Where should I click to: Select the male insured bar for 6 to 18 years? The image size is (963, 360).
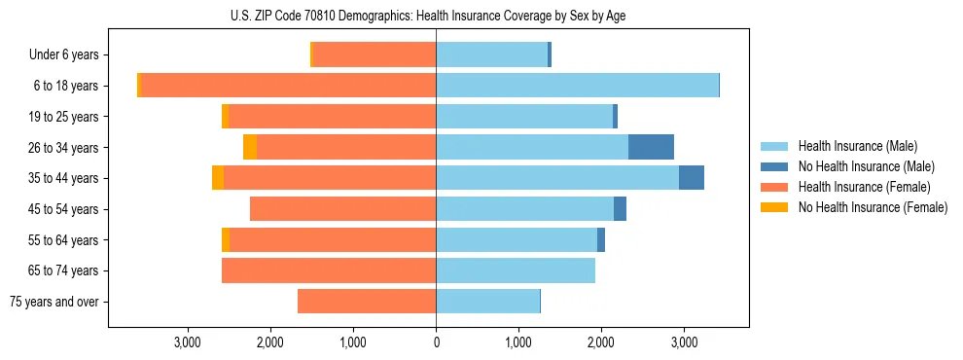(577, 86)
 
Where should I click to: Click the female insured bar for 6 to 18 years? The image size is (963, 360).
(288, 86)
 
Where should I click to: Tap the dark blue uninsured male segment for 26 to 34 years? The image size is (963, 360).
(651, 147)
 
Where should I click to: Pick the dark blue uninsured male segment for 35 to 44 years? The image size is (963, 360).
(691, 178)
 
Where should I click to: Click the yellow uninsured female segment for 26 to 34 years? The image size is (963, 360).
(250, 147)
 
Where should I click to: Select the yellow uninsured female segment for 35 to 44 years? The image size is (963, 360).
(218, 178)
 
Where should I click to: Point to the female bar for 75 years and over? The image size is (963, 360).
(367, 302)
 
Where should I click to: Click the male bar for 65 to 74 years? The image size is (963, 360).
(516, 270)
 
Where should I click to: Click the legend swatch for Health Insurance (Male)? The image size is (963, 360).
(773, 146)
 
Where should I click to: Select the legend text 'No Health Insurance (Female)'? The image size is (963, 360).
(873, 207)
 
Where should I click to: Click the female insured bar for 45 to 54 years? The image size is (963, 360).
(342, 209)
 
